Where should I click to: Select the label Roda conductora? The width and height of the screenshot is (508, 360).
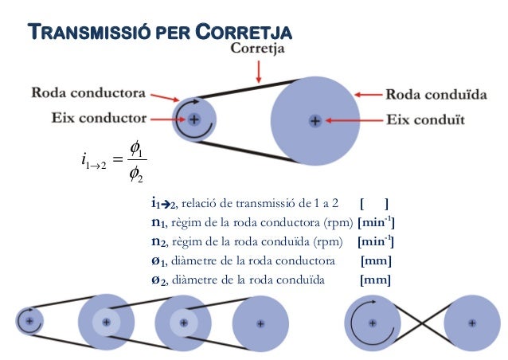88,93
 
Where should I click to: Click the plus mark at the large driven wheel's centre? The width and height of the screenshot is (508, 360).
315,121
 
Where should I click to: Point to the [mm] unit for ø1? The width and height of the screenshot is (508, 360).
376,260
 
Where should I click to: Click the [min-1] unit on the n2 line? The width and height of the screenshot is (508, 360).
376,241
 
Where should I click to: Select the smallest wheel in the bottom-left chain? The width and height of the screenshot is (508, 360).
29,322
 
